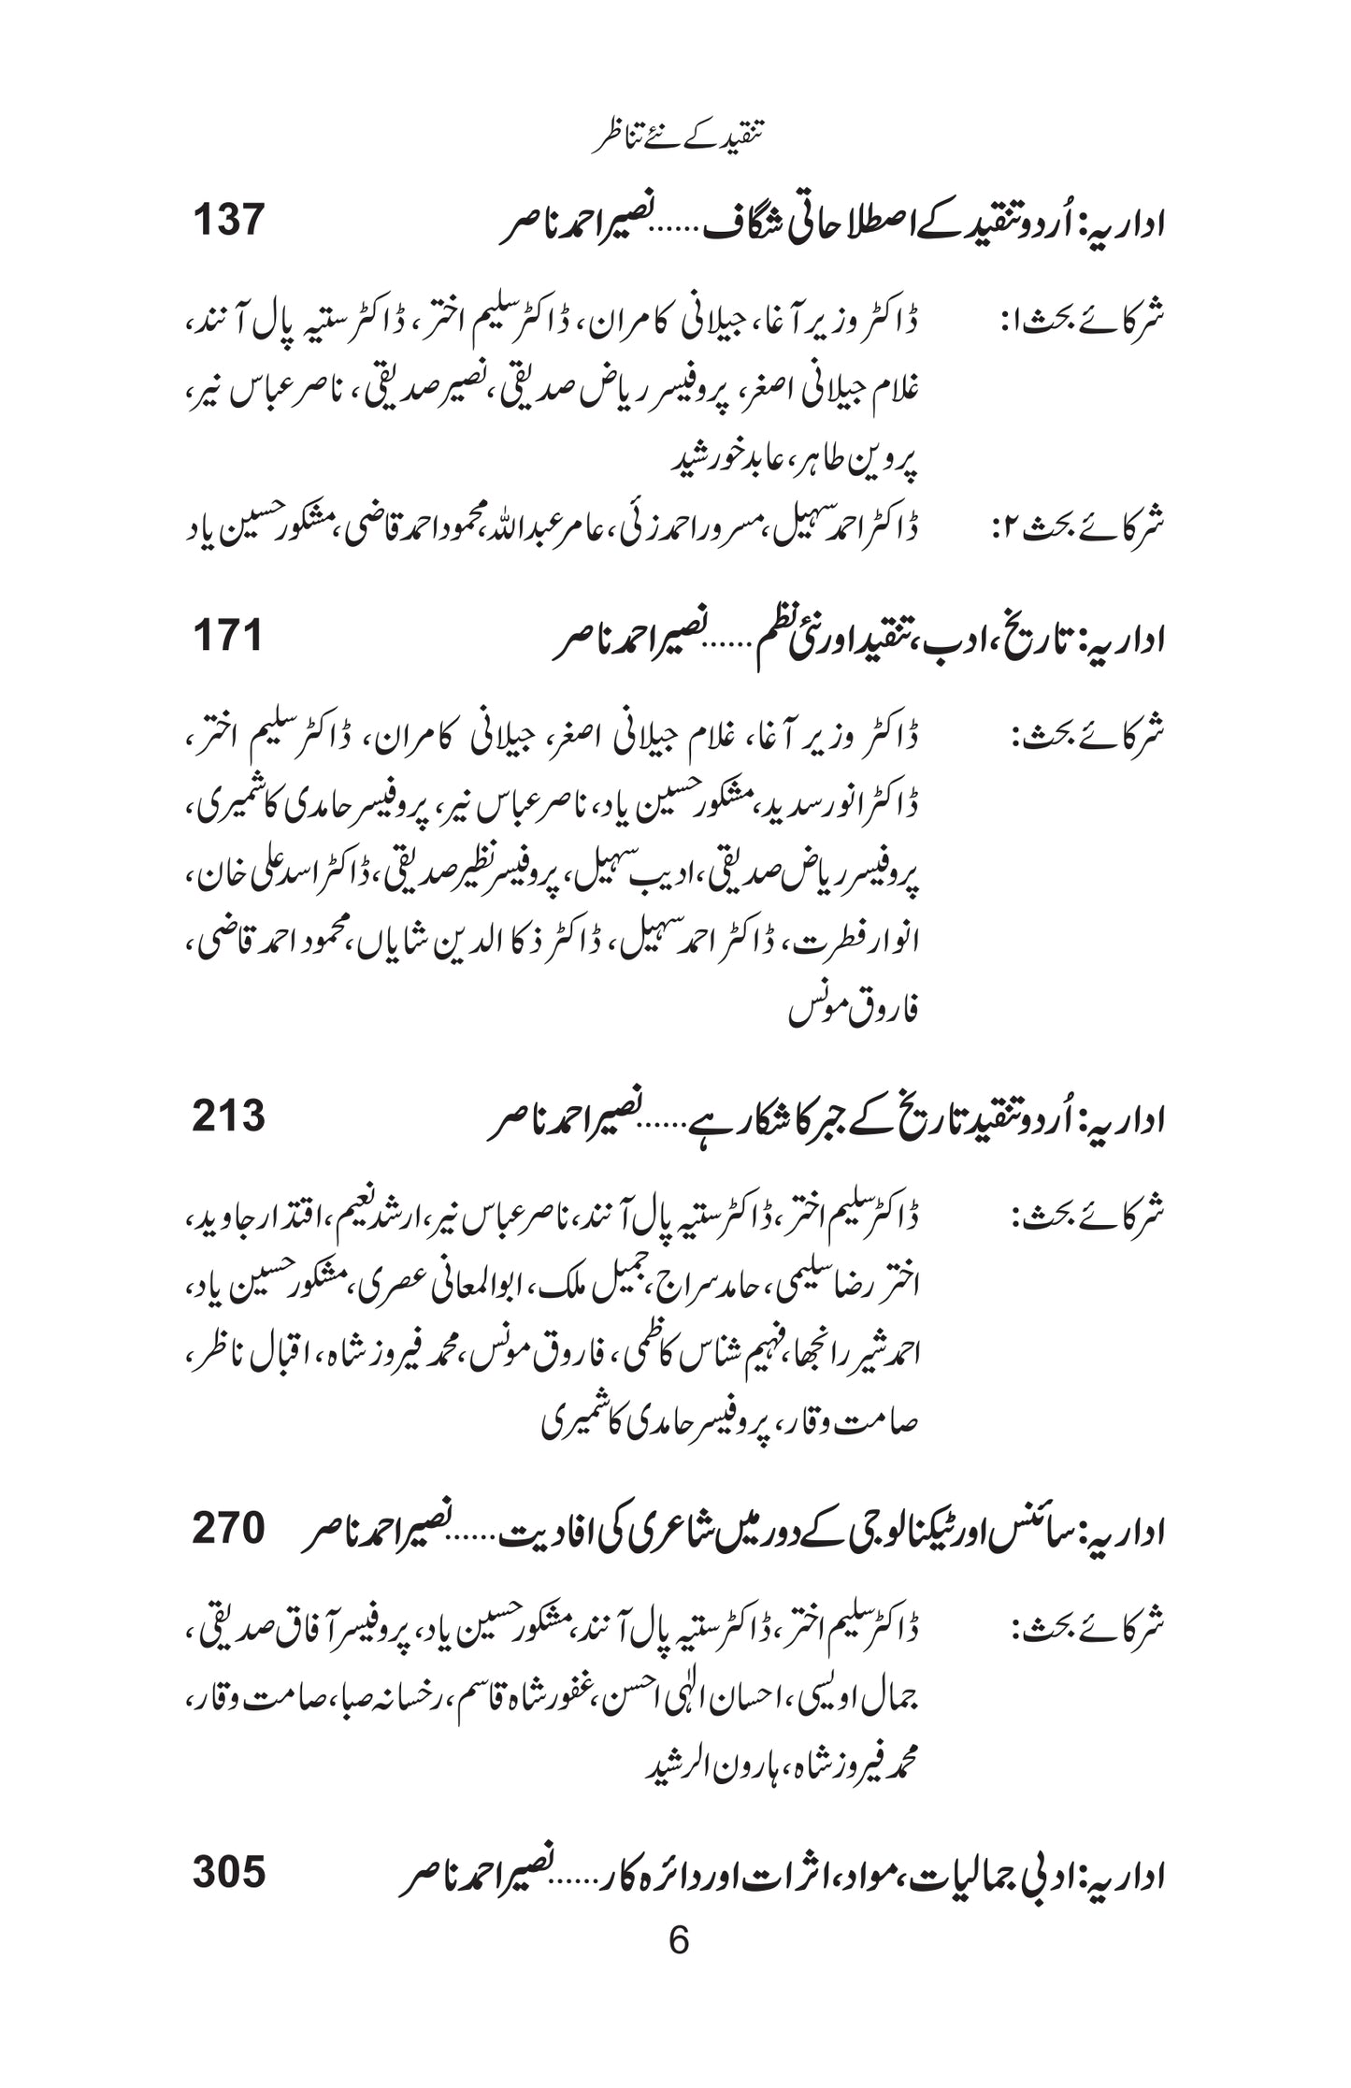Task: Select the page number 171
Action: [228, 637]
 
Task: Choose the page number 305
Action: [229, 1872]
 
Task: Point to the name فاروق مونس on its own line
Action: [853, 1011]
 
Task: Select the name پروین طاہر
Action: [860, 459]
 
